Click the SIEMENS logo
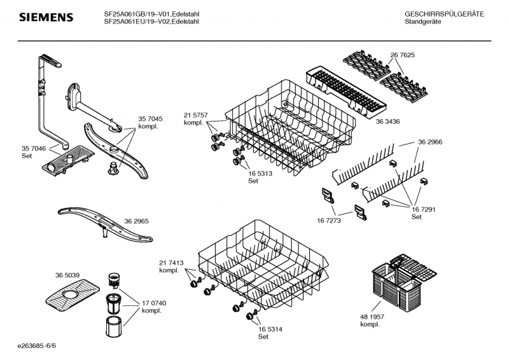click(x=46, y=17)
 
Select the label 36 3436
click(x=388, y=121)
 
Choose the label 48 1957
click(x=372, y=317)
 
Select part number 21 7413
click(x=171, y=263)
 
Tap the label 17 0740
click(x=153, y=303)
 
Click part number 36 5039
click(x=67, y=275)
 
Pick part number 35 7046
click(x=34, y=148)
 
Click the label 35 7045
click(x=150, y=119)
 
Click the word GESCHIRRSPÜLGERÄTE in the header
click(x=444, y=14)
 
